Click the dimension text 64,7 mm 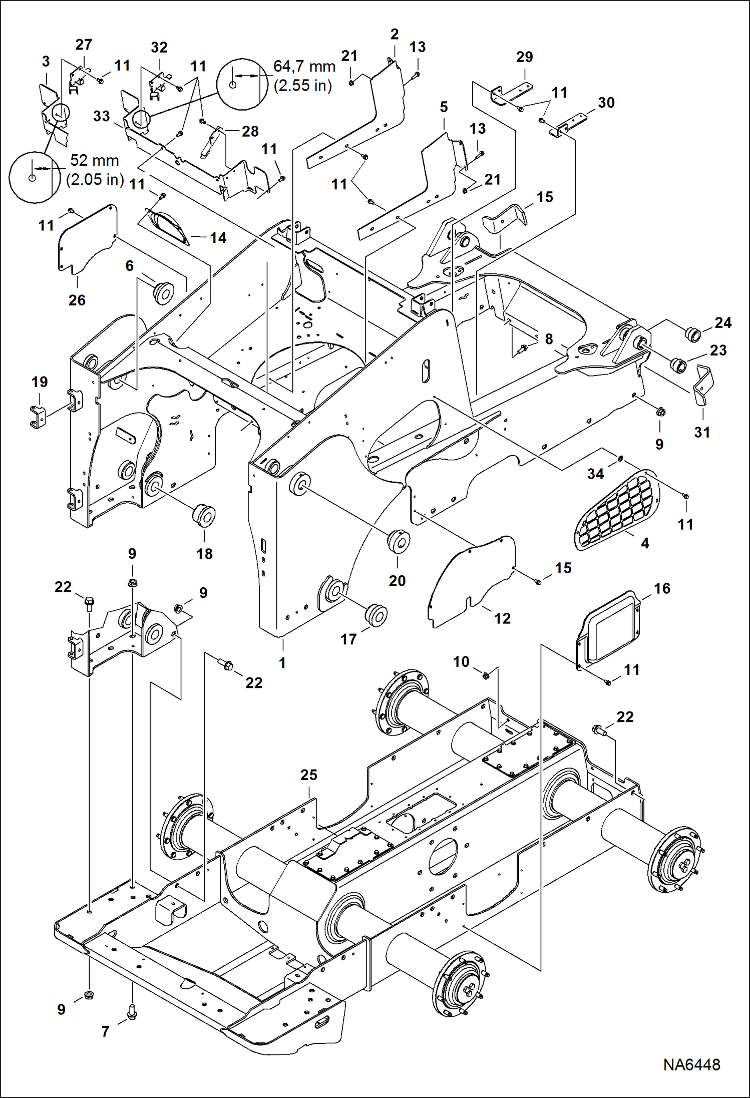coord(304,66)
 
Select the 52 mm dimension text coord(95,160)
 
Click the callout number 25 coord(309,775)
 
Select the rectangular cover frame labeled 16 coord(608,630)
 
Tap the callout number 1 coord(282,663)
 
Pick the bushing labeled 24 coord(692,334)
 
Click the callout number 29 coord(524,57)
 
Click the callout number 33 coord(102,116)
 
